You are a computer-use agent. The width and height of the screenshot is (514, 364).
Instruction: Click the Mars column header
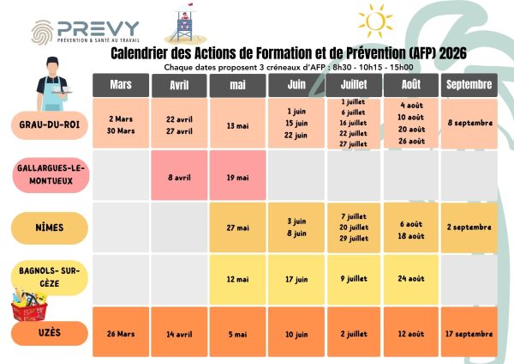pos(121,86)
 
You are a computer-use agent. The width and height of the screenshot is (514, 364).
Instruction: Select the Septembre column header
pos(469,85)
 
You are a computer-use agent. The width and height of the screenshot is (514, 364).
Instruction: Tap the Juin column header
pos(296,86)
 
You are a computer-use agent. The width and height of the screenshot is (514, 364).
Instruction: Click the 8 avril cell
pos(179,178)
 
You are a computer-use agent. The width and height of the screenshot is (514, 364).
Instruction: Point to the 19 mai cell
pos(237,178)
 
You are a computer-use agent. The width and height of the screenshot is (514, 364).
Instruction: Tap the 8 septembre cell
pos(469,124)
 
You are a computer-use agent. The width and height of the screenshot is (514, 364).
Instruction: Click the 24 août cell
pos(411,279)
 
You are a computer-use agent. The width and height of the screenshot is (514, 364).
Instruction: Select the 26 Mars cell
pos(121,333)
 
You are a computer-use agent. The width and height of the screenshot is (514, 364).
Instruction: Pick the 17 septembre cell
pos(469,333)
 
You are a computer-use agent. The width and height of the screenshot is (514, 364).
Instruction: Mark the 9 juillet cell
pos(354,279)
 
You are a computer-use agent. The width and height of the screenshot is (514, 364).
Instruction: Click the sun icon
pos(374,20)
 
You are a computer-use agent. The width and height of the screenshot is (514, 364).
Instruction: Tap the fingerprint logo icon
pos(43,32)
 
